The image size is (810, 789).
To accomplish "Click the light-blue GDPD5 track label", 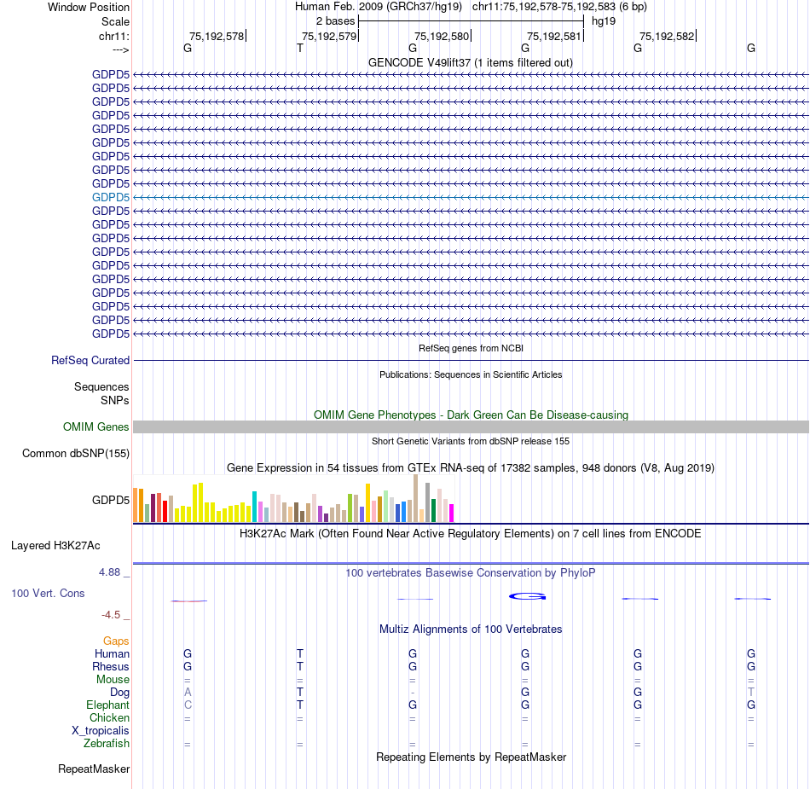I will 111,197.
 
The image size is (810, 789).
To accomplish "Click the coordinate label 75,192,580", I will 442,36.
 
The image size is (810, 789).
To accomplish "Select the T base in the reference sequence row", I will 299,49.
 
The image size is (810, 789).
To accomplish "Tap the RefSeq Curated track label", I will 90,361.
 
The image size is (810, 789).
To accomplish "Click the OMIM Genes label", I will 96,427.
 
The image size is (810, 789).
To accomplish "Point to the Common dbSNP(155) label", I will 76,454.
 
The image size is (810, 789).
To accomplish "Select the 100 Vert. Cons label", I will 48,593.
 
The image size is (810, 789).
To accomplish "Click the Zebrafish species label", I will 107,744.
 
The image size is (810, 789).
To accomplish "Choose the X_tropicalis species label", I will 101,731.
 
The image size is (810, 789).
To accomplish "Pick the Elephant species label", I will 107,705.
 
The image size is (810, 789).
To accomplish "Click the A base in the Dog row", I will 188,692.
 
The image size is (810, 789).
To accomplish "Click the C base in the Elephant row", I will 188,705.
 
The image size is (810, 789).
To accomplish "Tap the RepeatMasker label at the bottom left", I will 94,769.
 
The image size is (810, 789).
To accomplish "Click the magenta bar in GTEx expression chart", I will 451,513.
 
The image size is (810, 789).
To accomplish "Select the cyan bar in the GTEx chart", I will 254,507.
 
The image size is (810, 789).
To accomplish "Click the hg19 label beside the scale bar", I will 604,20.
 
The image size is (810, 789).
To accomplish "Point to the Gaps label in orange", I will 116,641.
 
